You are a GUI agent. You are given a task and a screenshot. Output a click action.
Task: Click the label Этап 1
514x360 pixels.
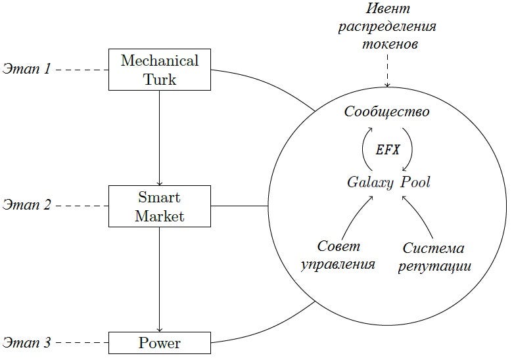[26, 69]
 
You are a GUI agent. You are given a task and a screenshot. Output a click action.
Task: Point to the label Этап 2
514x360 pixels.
[26, 206]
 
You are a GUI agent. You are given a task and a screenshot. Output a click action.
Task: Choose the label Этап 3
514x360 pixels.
[26, 342]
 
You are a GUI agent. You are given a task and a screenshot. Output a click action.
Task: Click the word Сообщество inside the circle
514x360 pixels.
[386, 112]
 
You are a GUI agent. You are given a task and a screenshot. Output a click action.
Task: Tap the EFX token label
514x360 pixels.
[387, 150]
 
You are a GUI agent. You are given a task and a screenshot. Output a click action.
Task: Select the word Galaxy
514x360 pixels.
[370, 183]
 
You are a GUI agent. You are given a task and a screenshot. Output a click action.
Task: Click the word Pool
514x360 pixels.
[415, 182]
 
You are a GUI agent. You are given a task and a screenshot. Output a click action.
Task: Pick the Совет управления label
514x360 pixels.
[338, 256]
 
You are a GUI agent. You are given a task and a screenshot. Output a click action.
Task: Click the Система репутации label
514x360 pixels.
[434, 257]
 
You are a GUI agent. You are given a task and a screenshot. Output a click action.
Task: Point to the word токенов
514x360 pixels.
[390, 44]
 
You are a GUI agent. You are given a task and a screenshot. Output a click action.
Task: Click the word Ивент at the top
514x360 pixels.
[388, 9]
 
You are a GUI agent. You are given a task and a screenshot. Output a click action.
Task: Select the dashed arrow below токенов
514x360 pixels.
[387, 71]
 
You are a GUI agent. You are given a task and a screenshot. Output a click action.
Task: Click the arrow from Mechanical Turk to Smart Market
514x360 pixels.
[160, 138]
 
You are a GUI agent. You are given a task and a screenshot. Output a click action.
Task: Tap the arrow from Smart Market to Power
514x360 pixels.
[160, 279]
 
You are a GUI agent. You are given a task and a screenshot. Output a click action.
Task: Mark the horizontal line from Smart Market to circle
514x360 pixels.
[240, 206]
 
